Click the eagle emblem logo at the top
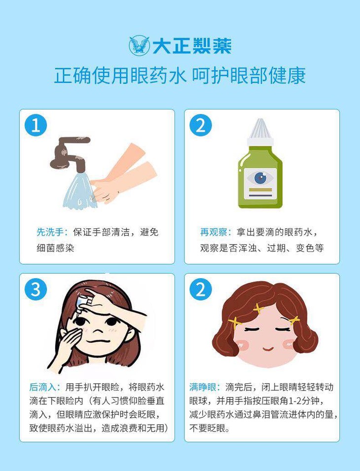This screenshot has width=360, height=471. coord(140,46)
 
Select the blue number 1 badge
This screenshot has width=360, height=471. coord(36,125)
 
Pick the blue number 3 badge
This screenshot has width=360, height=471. coord(36,290)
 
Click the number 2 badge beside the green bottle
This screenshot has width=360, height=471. coord(201,125)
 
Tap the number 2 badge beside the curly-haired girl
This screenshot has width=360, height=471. coord(201,290)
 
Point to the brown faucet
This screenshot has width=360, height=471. coord(69,154)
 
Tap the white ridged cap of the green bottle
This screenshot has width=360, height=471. coord(260,132)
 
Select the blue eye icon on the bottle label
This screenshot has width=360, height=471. coord(260,178)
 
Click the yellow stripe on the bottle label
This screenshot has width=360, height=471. coord(260,190)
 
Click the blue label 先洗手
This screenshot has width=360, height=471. coord(50,232)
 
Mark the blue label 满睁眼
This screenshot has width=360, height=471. coord(203,387)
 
